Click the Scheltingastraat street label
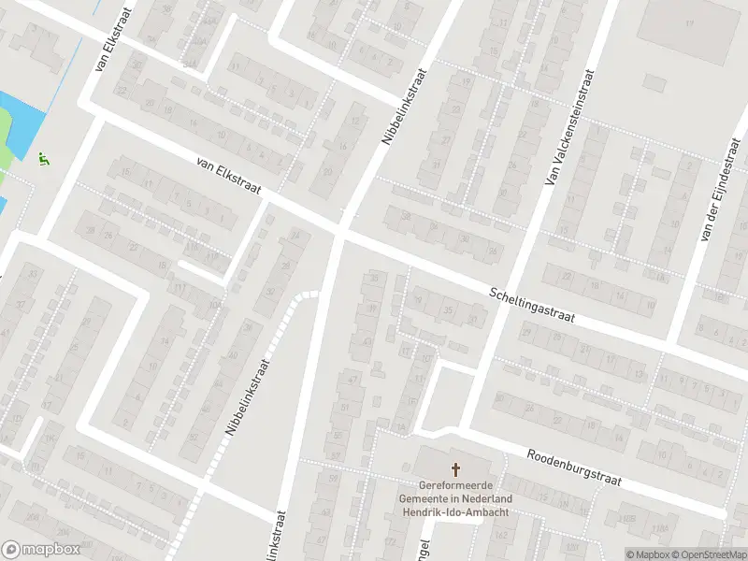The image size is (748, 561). click(x=531, y=306)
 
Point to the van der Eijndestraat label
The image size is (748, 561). click(x=718, y=189)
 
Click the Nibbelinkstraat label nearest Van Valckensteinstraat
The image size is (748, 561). click(x=404, y=105)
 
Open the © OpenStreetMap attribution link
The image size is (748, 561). click(x=708, y=554)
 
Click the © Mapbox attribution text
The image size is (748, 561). click(x=648, y=554)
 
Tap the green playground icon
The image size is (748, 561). click(x=43, y=159)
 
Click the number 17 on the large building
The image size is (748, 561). click(x=691, y=22)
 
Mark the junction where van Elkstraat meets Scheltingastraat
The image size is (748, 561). click(x=340, y=229)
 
